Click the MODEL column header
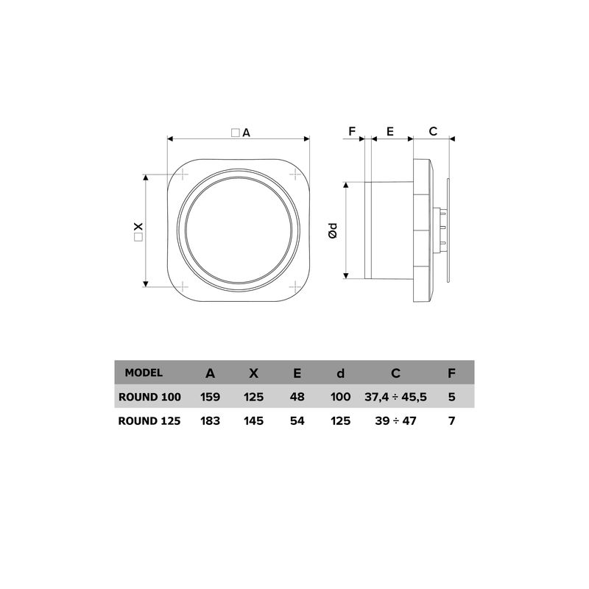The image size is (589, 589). coord(144,373)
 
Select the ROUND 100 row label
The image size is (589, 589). coord(149,397)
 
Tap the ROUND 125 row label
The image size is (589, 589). coord(149,421)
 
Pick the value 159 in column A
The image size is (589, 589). coord(211,397)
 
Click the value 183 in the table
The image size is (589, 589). coord(211,421)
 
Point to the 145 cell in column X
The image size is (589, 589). coord(254,421)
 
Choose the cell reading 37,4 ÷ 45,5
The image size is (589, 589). coord(396,397)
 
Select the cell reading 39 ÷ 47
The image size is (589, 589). coord(396,421)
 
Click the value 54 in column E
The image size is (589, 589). coord(297,421)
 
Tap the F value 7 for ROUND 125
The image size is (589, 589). coord(451,421)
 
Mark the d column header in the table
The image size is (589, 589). coord(340,373)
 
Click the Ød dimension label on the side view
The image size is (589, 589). coord(333,230)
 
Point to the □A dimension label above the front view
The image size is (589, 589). coord(240,133)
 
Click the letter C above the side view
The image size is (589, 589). coord(433,131)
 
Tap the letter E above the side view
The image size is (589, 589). coord(389,131)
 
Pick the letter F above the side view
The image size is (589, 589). coord(352,131)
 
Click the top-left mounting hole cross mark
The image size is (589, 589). coord(182,175)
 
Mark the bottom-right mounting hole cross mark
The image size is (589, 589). coord(294,285)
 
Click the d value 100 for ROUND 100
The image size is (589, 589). coord(340,397)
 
